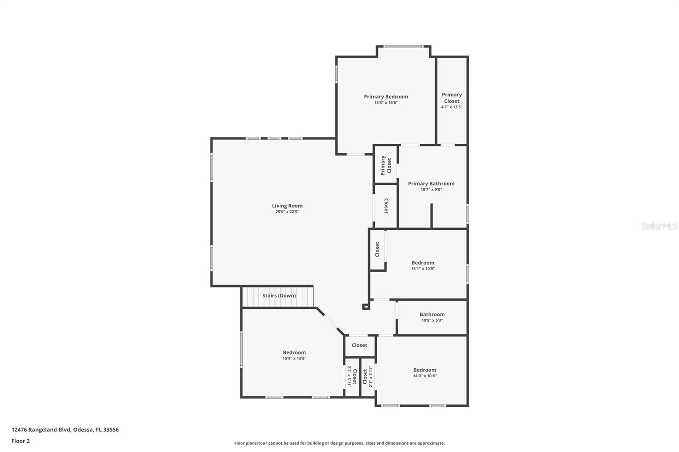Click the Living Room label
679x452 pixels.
[x=287, y=206]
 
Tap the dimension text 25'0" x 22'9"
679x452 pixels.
[x=287, y=212]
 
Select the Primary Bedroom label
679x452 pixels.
[x=386, y=97]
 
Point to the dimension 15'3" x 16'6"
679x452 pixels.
[x=386, y=103]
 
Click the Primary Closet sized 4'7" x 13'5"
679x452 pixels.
[x=452, y=100]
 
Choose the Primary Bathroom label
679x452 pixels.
[x=431, y=184]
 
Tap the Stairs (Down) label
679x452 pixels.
[x=279, y=296]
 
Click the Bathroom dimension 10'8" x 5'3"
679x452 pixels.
[x=432, y=321]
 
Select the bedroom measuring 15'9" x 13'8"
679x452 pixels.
[x=294, y=355]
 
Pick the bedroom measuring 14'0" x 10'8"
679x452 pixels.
[x=425, y=372]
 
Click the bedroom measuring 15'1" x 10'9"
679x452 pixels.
[x=423, y=265]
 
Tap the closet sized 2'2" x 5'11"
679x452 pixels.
[x=352, y=377]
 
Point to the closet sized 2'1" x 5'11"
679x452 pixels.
[x=368, y=377]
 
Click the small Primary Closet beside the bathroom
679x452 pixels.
[x=386, y=165]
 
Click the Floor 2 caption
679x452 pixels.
[x=20, y=441]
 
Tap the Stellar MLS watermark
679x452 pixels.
[x=659, y=226]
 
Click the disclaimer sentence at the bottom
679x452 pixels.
[x=339, y=443]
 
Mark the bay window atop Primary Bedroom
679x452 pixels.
[x=404, y=46]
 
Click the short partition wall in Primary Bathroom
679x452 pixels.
[x=431, y=215]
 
